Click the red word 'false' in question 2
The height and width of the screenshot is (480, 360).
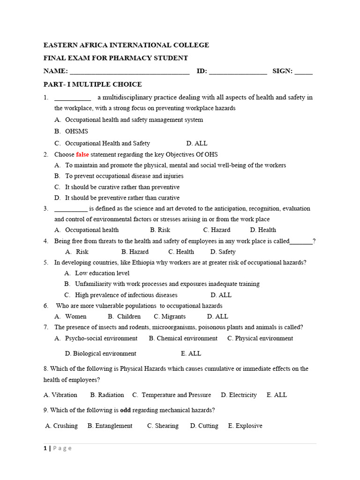(x=82, y=154)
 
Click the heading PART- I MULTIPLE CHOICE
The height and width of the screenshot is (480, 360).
(x=92, y=84)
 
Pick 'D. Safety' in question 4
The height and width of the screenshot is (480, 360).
(x=223, y=252)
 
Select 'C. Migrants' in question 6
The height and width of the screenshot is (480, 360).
(x=170, y=316)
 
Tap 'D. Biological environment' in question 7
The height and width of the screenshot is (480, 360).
(x=101, y=353)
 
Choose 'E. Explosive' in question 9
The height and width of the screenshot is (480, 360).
(x=245, y=426)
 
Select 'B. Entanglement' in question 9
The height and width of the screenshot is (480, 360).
(x=110, y=426)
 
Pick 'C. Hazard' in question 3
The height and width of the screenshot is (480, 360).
(x=217, y=230)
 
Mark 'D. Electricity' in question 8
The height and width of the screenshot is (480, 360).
(x=239, y=395)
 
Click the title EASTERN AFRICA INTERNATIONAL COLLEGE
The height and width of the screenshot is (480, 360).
(x=126, y=45)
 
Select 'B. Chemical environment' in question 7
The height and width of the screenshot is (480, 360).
(x=183, y=338)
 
